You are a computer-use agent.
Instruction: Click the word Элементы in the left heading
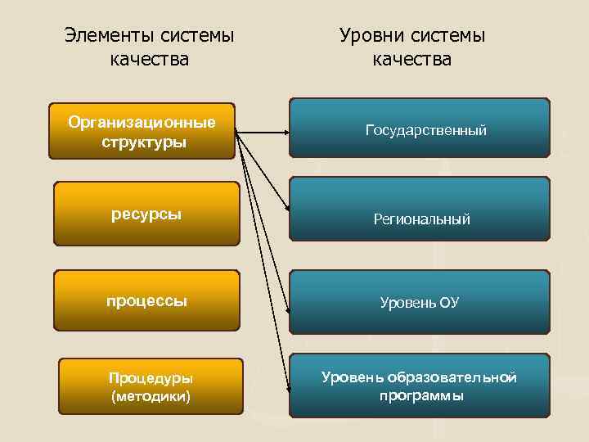[x=104, y=36]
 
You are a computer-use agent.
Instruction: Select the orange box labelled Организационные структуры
[x=142, y=131]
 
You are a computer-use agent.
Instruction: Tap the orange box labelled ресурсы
[x=146, y=214]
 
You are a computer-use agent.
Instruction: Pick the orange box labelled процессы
[x=146, y=300]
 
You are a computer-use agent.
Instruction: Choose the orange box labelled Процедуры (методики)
[x=151, y=386]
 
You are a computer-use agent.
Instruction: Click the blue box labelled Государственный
[x=420, y=129]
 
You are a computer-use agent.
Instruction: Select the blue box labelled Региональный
[x=420, y=218]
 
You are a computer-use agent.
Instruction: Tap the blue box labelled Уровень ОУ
[x=420, y=303]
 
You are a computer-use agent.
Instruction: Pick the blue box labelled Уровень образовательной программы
[x=420, y=385]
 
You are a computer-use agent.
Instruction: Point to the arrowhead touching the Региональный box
[x=286, y=211]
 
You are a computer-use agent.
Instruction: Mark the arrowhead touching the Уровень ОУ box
[x=288, y=311]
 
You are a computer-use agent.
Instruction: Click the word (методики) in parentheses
[x=151, y=396]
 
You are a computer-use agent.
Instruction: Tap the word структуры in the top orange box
[x=143, y=142]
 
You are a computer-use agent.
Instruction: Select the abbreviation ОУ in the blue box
[x=448, y=303]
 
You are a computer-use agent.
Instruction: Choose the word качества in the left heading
[x=149, y=60]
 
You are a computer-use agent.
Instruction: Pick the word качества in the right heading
[x=411, y=60]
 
